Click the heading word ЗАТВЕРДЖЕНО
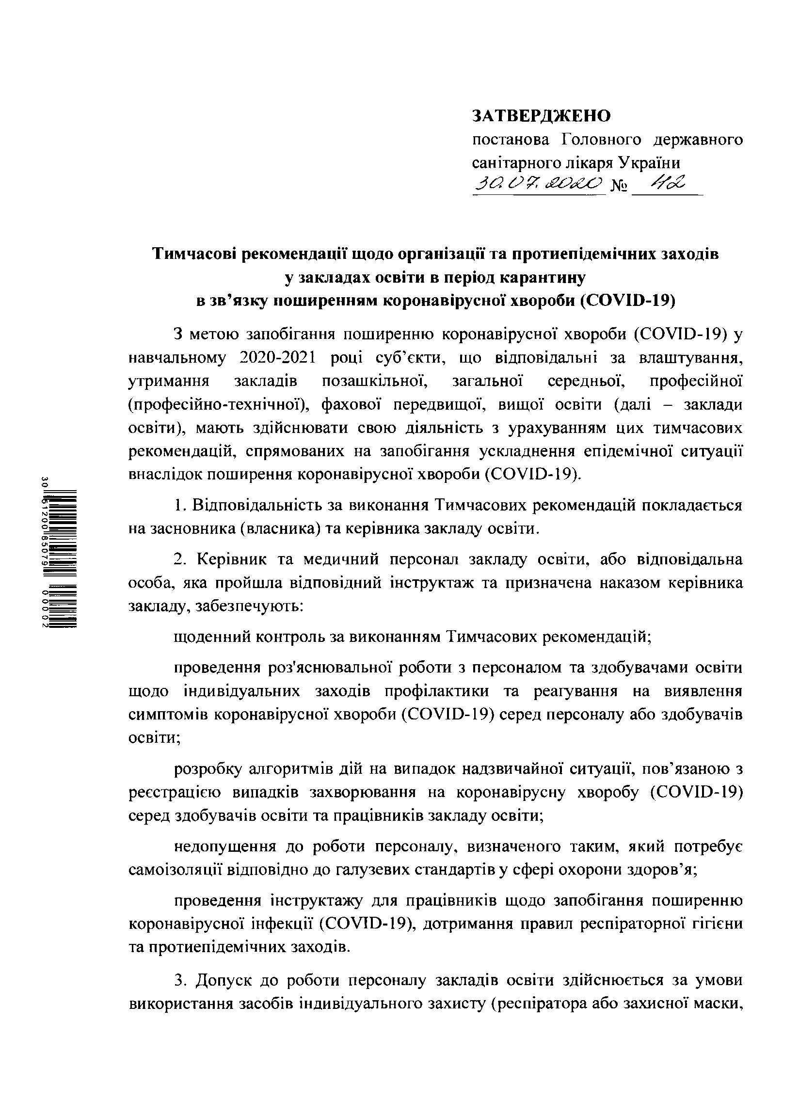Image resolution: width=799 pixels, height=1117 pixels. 541,115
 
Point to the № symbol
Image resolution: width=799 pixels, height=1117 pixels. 619,187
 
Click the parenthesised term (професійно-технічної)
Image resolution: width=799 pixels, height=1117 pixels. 219,405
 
